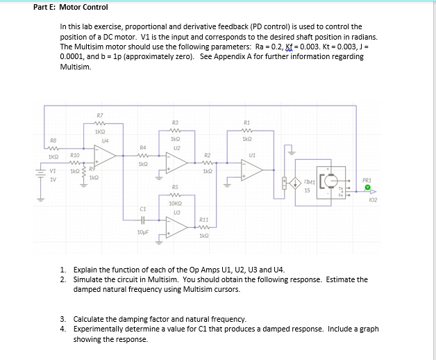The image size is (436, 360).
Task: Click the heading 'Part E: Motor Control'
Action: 71,8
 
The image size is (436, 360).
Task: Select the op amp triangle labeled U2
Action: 178,163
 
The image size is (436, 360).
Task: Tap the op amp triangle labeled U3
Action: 176,226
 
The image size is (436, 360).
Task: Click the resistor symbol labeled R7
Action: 101,122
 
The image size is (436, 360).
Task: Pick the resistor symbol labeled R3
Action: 176,128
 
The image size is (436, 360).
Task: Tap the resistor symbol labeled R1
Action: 246,128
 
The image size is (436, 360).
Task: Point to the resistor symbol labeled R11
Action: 204,227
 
